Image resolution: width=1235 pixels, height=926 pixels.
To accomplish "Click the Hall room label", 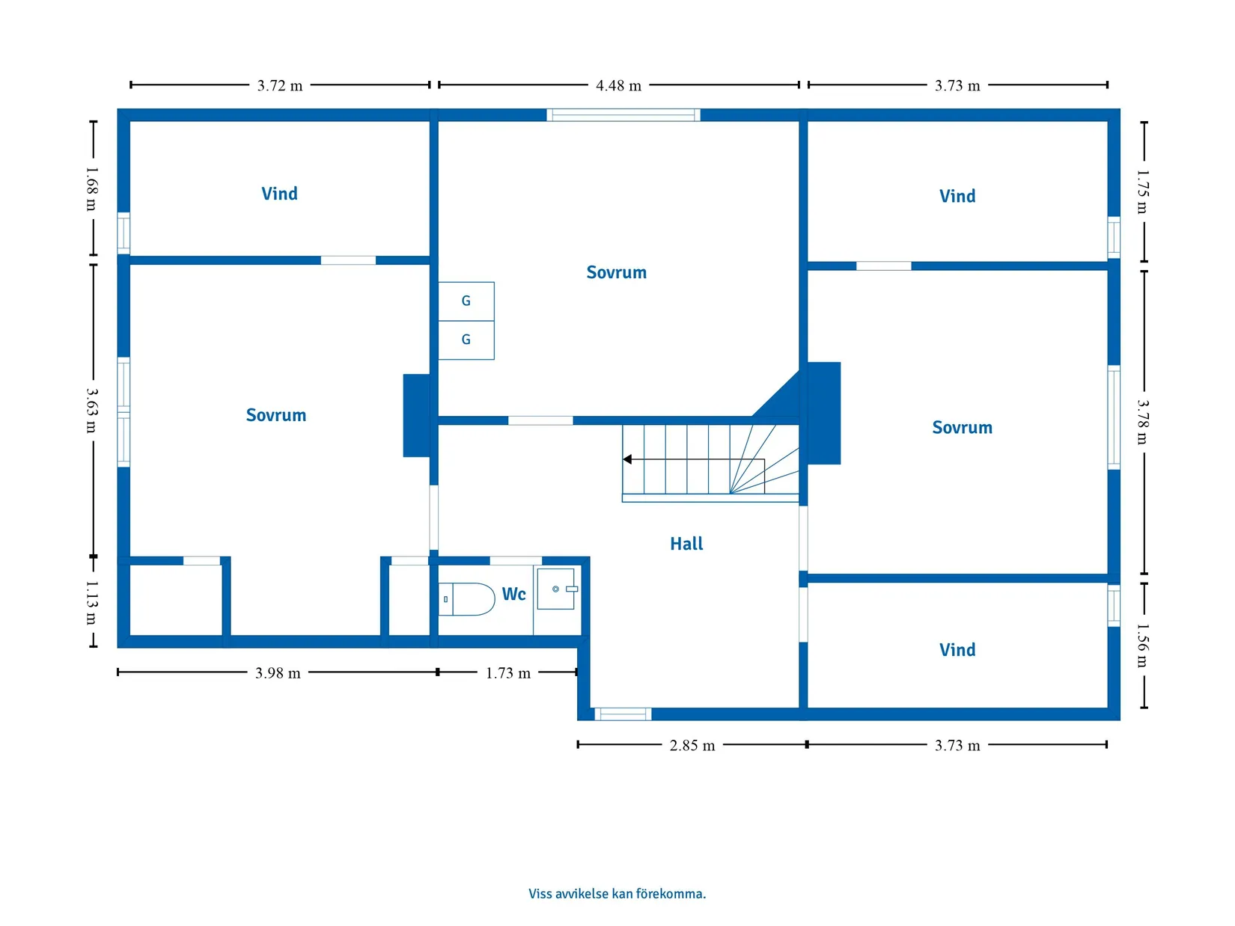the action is click(x=686, y=544).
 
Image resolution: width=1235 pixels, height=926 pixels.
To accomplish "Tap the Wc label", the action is click(x=513, y=594).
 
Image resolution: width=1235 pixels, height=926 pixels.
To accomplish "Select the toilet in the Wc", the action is click(x=466, y=599).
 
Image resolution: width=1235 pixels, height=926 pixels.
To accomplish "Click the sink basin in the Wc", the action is click(x=556, y=589).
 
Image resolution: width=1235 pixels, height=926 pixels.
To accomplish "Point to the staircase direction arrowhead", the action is click(x=626, y=459).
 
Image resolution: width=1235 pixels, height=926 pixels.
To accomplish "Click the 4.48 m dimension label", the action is click(x=618, y=85).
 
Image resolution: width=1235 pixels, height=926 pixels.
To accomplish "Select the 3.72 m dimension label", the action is click(x=280, y=85).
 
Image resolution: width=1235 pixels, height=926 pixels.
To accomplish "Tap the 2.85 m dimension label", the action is click(x=692, y=746).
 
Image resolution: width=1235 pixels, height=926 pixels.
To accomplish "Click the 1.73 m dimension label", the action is click(x=508, y=673).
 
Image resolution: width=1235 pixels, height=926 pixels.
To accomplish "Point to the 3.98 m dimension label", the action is click(x=278, y=673).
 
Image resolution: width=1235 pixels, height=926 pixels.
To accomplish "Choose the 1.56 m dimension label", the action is click(x=1143, y=646).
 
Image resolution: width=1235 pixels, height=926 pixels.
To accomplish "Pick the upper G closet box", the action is click(x=466, y=301).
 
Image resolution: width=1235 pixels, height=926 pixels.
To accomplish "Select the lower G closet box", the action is click(x=466, y=340).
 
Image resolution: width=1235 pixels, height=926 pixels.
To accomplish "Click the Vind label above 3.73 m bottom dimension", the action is click(x=957, y=650).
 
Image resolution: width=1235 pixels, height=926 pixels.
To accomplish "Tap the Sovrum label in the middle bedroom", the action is click(x=616, y=273).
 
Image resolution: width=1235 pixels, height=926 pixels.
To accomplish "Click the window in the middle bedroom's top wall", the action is click(x=623, y=114).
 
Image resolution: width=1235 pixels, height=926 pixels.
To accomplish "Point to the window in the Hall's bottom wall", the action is click(x=623, y=714).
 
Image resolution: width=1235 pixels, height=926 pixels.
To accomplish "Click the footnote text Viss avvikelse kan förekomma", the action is click(x=617, y=893).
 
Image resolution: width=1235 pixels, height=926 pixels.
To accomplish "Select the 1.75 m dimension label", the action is click(x=1143, y=191).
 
